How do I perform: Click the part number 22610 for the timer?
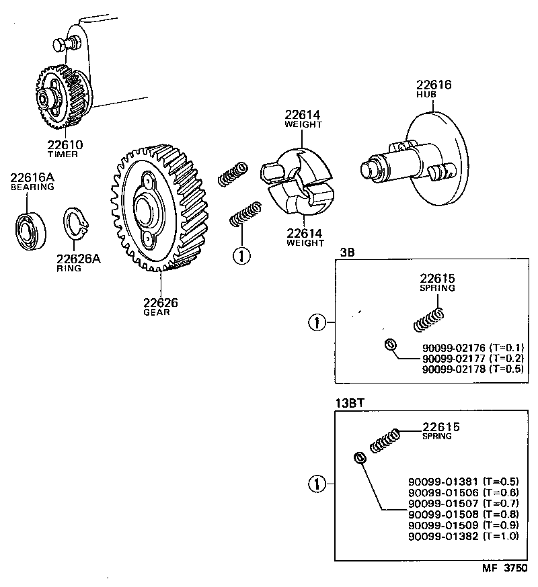tap(65, 145)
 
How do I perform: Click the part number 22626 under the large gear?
tap(160, 303)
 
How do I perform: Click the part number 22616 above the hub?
tap(433, 85)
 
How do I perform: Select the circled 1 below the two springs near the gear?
tap(241, 255)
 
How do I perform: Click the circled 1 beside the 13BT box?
tap(317, 484)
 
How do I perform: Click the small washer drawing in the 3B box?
tap(388, 345)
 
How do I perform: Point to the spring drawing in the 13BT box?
tap(385, 441)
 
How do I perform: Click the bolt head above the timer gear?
tap(61, 46)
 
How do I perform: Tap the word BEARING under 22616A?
tap(32, 187)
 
